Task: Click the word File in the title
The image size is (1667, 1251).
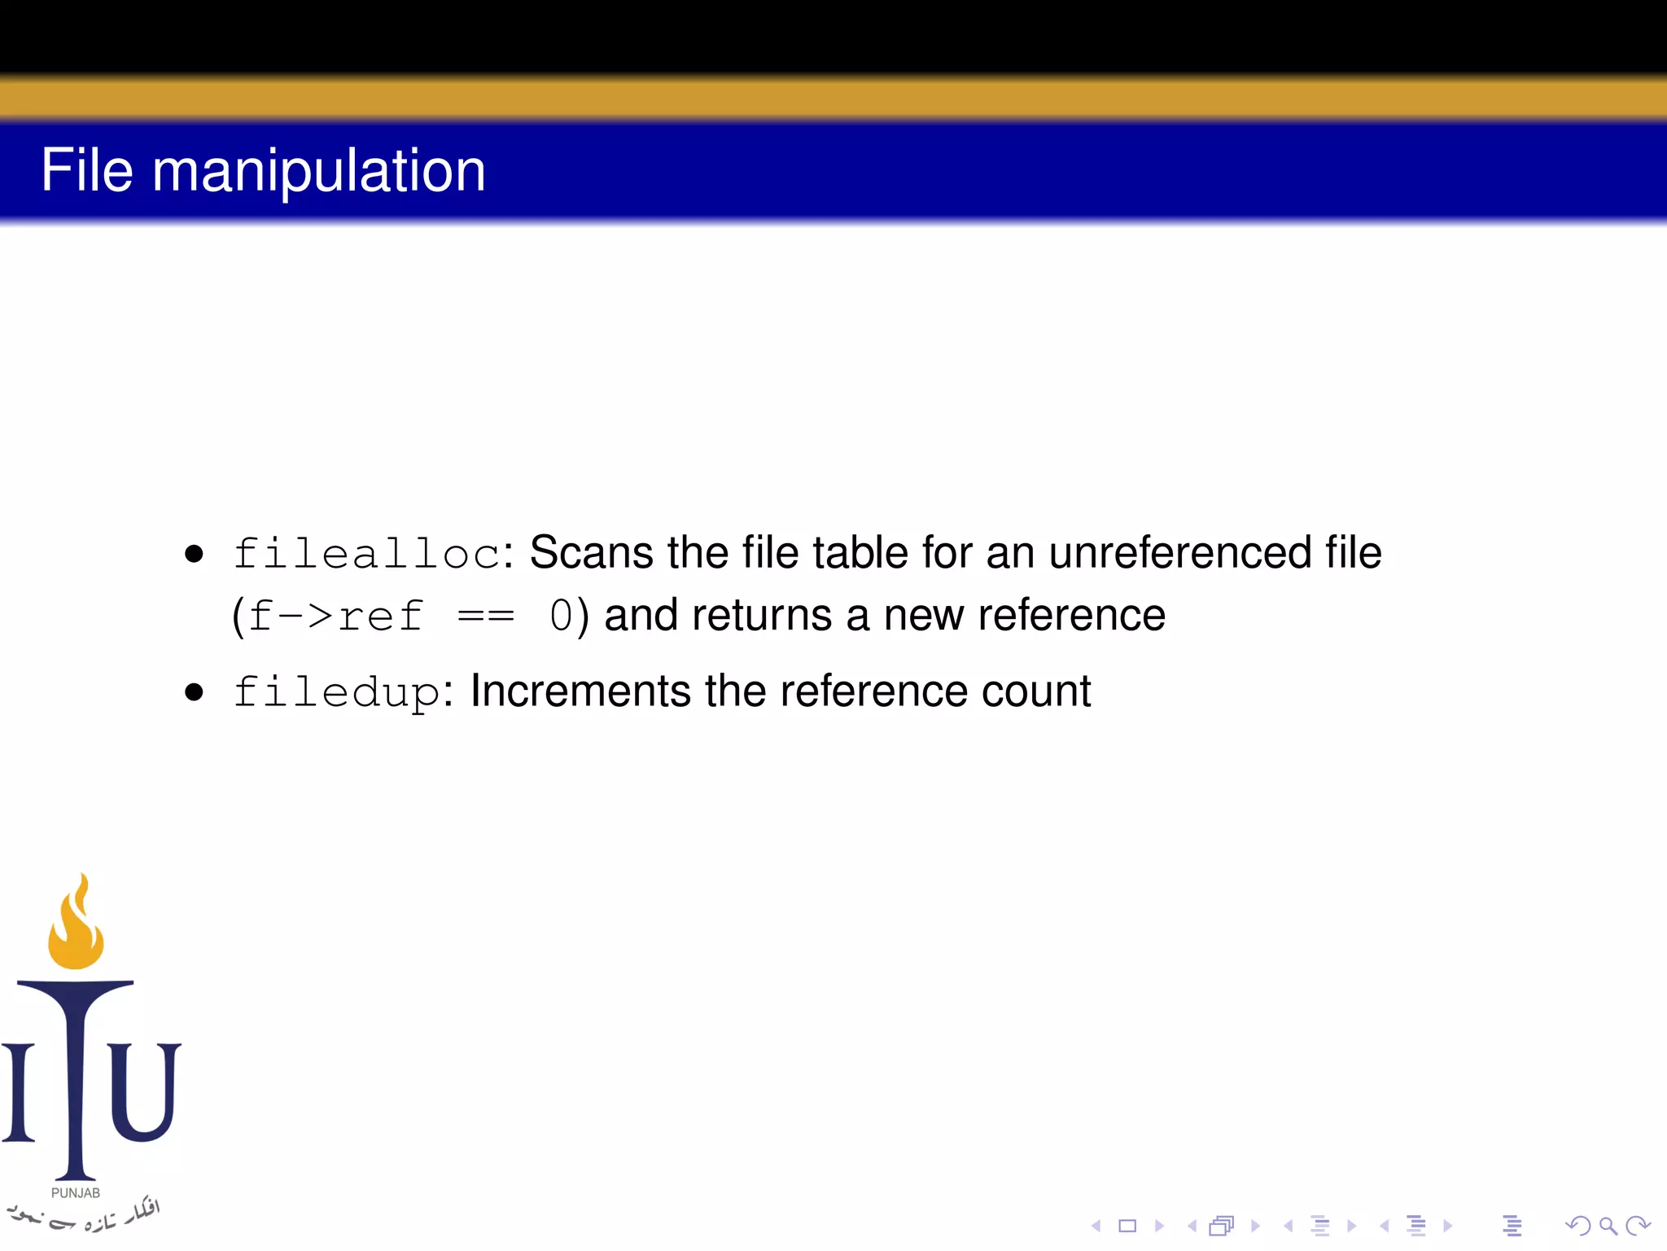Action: [86, 171]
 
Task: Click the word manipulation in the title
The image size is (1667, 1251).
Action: [318, 173]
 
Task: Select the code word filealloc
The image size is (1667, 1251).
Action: [365, 554]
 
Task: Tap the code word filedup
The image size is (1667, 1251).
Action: [336, 693]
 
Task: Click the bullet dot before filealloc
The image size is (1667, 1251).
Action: [194, 555]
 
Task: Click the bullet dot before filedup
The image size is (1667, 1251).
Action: [194, 693]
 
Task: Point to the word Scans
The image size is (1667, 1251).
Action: [591, 553]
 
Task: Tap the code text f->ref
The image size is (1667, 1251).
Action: [335, 616]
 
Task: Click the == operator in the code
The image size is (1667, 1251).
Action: [486, 616]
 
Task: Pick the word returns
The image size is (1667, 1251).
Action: [761, 616]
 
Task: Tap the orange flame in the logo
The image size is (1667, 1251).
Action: [77, 928]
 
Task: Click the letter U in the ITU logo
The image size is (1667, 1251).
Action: [143, 1091]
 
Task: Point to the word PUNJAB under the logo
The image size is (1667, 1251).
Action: [76, 1193]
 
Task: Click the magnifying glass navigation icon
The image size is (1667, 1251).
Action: [1608, 1226]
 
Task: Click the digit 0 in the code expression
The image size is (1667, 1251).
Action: [561, 616]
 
